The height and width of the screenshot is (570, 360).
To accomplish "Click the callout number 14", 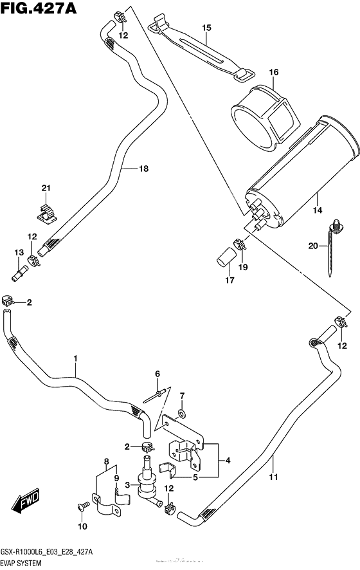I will [317, 210].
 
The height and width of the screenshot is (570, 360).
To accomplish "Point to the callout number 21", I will [46, 188].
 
